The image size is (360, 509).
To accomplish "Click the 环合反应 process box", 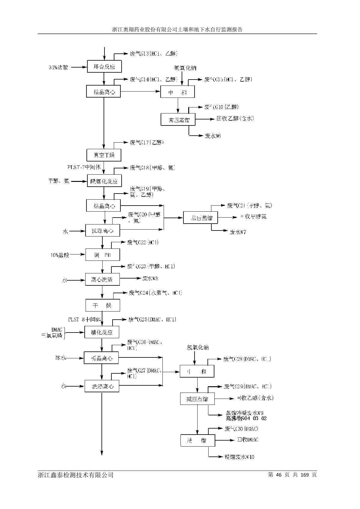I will [104, 66].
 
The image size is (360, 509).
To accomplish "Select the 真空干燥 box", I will [104, 155].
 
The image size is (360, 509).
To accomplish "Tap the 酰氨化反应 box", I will [104, 181].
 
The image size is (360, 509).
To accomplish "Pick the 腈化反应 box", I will [102, 332].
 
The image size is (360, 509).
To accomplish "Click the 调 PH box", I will [102, 255].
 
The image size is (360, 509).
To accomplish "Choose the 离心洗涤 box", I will [102, 279].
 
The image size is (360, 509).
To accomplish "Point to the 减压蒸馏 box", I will [197, 399].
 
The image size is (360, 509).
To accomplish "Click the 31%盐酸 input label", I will [59, 67].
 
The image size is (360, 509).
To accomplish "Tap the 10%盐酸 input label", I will [60, 255].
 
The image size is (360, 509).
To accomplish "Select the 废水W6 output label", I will [213, 136].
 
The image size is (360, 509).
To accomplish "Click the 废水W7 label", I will [238, 232].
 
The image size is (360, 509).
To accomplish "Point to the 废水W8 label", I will [150, 279].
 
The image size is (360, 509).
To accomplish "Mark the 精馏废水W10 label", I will [239, 457].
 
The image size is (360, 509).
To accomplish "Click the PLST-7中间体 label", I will [84, 167].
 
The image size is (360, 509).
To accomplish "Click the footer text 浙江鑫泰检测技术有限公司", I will [76, 475].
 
